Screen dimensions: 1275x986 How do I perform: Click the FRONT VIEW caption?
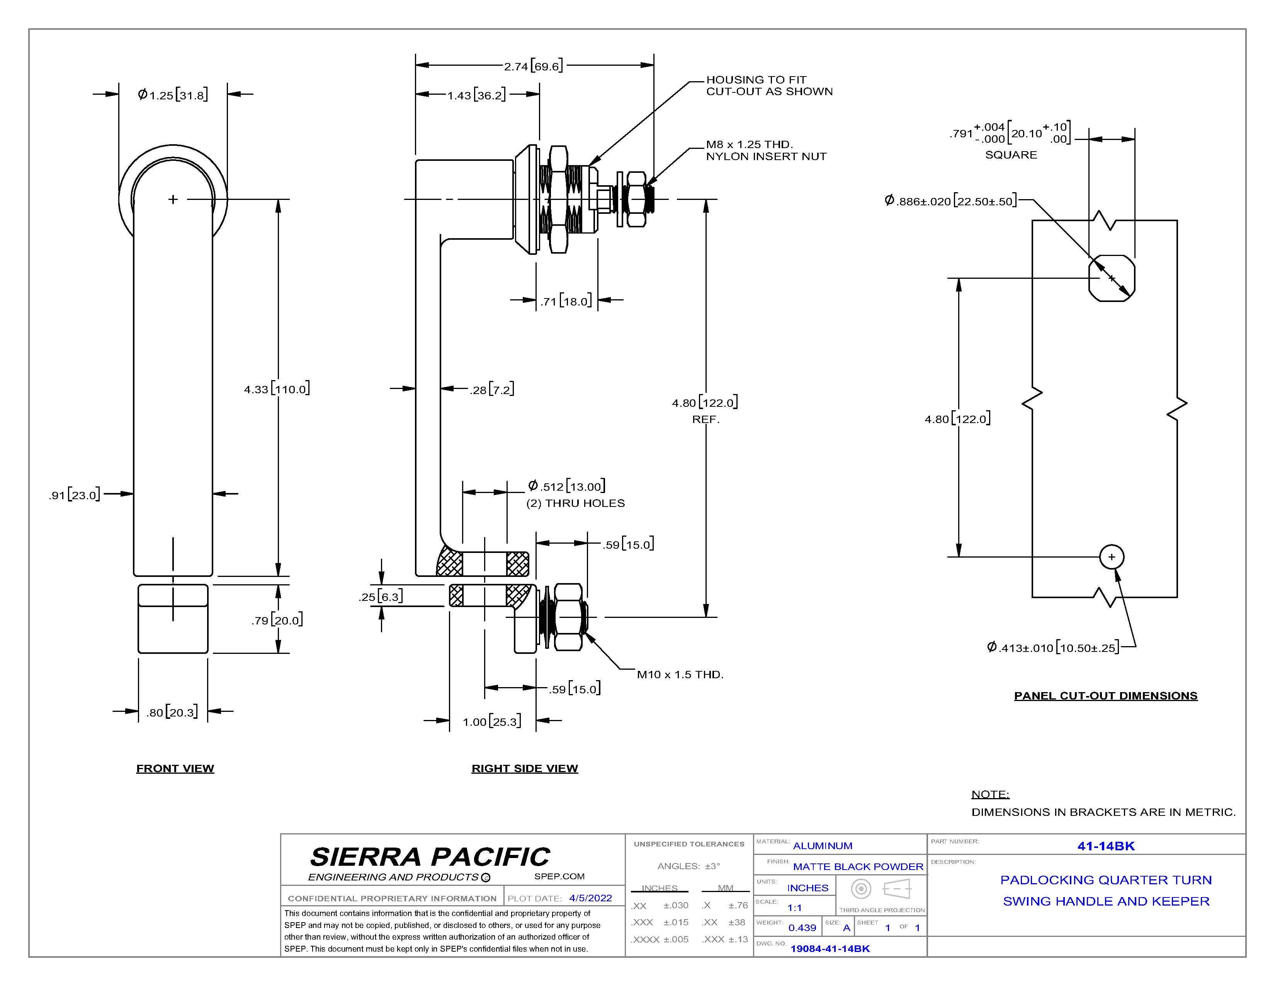(175, 768)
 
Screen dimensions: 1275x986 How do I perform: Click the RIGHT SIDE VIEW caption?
(525, 768)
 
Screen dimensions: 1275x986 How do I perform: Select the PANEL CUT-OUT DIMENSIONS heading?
(1106, 696)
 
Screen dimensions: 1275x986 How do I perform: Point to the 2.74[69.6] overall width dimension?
(534, 66)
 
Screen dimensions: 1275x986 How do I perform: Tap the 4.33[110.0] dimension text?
(277, 389)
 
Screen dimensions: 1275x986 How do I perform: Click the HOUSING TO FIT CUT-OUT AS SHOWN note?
(769, 85)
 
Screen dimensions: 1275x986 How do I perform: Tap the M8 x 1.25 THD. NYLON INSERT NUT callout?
(766, 150)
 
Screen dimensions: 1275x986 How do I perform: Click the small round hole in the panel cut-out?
(1112, 557)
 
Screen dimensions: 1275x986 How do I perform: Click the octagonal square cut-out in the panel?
(1112, 278)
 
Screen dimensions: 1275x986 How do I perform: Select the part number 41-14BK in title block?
(1106, 846)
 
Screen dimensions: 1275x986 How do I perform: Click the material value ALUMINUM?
(823, 846)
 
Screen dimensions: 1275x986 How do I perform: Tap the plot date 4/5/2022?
(591, 898)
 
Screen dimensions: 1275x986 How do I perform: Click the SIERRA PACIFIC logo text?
(430, 857)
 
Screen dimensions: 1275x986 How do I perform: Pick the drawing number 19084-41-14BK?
(830, 948)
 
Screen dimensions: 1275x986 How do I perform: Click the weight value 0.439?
(802, 928)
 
